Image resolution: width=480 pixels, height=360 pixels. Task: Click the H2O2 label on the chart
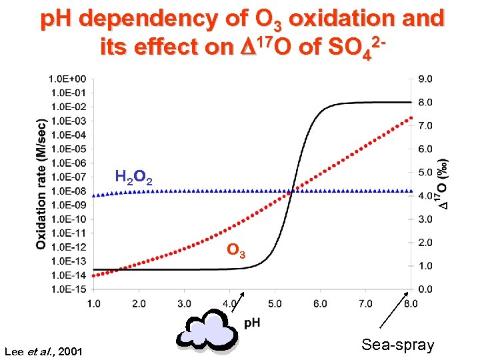[x=134, y=177]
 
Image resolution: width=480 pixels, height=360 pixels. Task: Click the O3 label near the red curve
[x=236, y=251]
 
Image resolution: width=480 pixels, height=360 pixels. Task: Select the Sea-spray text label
[x=397, y=345]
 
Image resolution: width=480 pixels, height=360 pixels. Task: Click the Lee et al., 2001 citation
[x=43, y=351]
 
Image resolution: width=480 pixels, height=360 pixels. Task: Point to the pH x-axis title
[x=252, y=323]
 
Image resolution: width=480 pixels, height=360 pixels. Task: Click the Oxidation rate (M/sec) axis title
[x=41, y=183]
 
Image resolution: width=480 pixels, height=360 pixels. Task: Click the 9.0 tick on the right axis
[x=425, y=79]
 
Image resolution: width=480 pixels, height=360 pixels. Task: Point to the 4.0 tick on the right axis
[x=425, y=196]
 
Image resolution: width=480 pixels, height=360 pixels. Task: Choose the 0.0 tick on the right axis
[x=425, y=289]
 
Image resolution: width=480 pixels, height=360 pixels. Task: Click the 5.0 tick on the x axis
[x=275, y=304]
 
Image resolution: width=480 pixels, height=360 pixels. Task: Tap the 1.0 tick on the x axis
[x=93, y=304]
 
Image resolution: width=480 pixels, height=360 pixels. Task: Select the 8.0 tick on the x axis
[x=411, y=304]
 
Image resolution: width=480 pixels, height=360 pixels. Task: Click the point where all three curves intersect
[x=292, y=191]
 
